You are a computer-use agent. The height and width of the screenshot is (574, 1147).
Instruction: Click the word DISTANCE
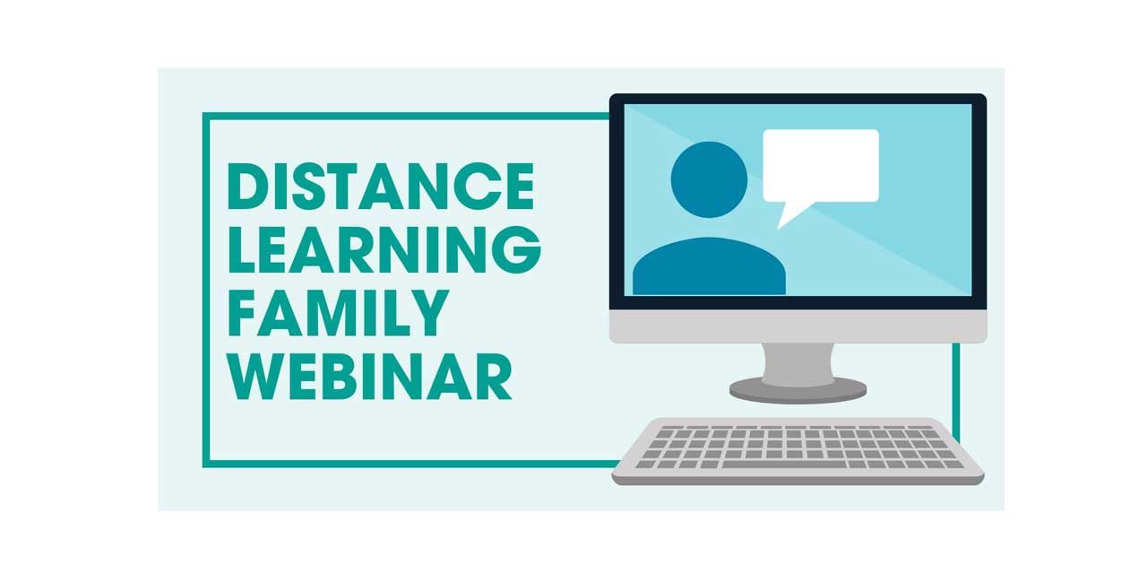point(381,186)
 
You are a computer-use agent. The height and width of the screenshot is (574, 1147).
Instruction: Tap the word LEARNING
point(384,249)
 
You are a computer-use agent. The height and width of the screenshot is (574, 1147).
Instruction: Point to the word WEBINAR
point(369,376)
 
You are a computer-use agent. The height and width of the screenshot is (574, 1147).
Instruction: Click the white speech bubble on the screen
point(821,165)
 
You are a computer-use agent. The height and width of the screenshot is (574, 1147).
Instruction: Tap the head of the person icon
point(709,179)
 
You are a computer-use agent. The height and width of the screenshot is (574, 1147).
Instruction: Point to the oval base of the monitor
point(798,389)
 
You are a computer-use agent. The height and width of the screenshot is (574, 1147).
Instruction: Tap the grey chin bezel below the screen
point(798,326)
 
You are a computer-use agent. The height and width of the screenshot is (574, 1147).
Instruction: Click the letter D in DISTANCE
point(250,186)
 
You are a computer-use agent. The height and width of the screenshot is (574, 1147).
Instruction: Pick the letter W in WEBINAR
point(257,376)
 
